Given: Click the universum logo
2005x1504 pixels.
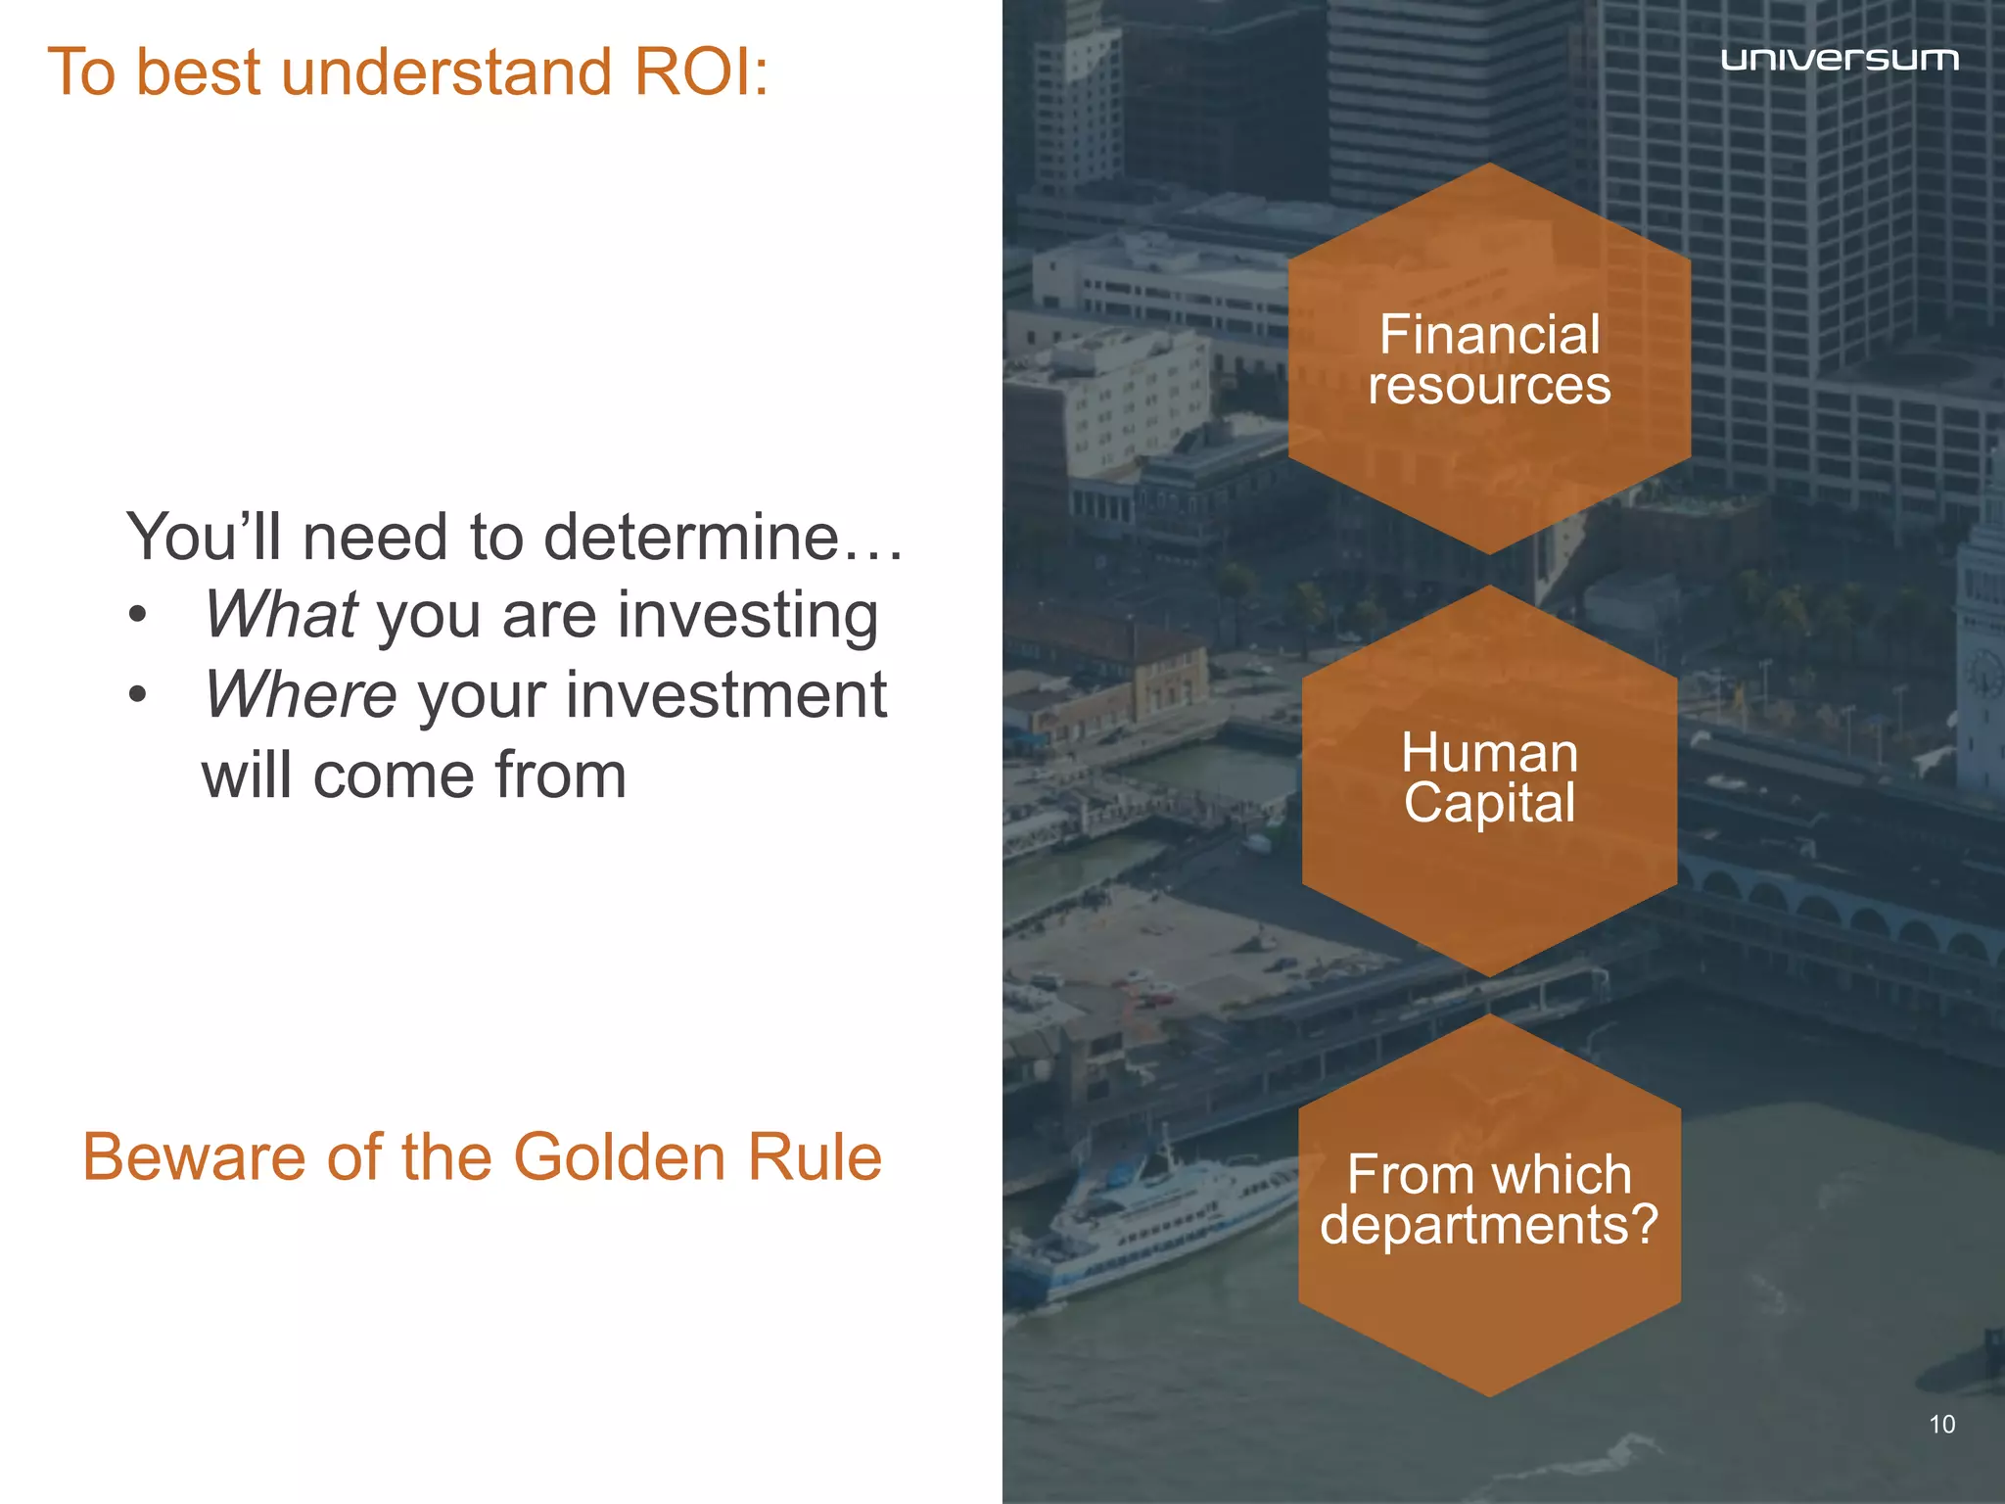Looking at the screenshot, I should pyautogui.click(x=1839, y=60).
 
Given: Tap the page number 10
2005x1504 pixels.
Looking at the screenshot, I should pyautogui.click(x=1941, y=1425).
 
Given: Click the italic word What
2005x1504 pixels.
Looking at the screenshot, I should pyautogui.click(x=281, y=615).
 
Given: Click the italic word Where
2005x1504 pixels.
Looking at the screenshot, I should pyautogui.click(x=301, y=695).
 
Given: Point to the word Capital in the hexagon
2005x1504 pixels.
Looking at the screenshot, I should pyautogui.click(x=1489, y=803).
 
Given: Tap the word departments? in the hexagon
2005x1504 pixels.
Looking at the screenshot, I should pyautogui.click(x=1489, y=1224).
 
